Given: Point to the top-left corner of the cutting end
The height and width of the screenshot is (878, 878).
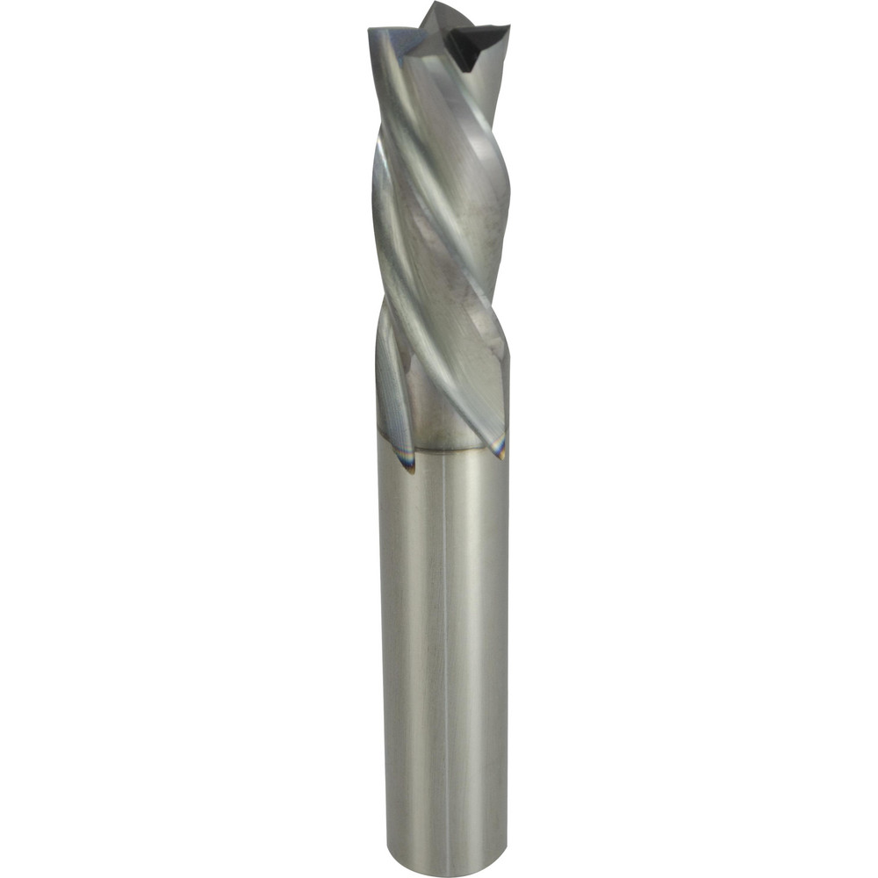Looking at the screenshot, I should tap(371, 32).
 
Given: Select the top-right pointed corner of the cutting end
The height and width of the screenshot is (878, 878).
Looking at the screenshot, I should tap(507, 29).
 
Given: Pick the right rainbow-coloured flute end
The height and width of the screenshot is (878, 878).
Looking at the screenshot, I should tap(500, 448).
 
